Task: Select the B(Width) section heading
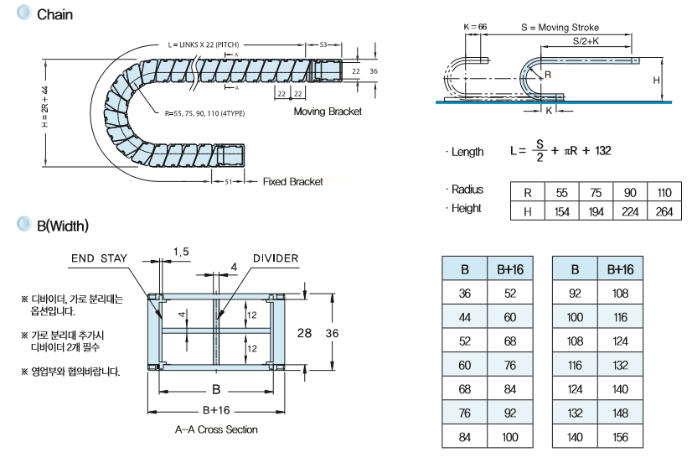click(63, 226)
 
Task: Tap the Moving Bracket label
click(328, 112)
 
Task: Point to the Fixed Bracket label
click(292, 182)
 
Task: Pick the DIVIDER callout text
click(275, 258)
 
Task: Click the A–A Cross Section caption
click(216, 429)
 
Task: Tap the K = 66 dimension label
click(475, 28)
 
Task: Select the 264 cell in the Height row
click(664, 211)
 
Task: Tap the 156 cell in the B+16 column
click(621, 437)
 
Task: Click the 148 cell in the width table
click(621, 413)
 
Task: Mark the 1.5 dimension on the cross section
click(180, 252)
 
